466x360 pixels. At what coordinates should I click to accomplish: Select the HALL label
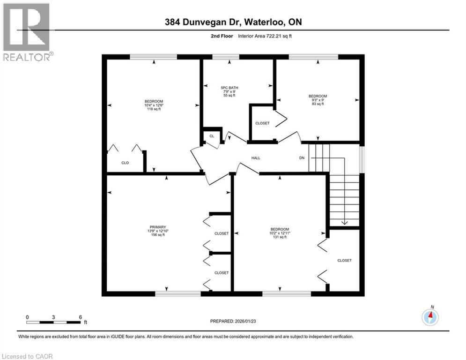[x=256, y=158]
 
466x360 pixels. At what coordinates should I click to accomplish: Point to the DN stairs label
[x=302, y=158]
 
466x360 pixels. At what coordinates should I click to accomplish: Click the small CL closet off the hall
[x=212, y=136]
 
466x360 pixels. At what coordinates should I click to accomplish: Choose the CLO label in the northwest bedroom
[x=125, y=163]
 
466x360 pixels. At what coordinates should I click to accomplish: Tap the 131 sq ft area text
[x=280, y=237]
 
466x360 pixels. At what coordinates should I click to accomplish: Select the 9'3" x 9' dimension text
[x=318, y=100]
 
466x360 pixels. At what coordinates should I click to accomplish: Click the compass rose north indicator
[x=430, y=316]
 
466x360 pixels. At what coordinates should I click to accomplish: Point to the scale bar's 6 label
[x=81, y=317]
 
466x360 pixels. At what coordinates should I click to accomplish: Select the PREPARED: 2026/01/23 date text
[x=234, y=321]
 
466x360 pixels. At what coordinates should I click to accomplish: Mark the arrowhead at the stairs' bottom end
[x=344, y=223]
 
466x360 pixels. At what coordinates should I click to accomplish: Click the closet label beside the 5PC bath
[x=262, y=123]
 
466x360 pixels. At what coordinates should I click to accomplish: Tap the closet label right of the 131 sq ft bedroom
[x=344, y=260]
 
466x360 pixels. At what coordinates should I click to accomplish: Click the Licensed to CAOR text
[x=28, y=356]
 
